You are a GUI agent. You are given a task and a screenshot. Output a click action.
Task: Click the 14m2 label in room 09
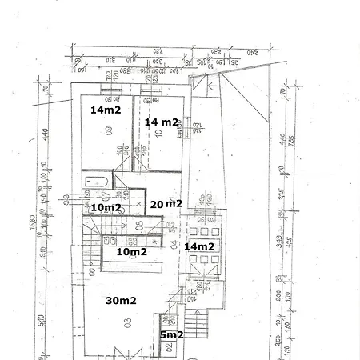click(x=106, y=110)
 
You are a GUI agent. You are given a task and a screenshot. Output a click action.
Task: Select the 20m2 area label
click(x=167, y=204)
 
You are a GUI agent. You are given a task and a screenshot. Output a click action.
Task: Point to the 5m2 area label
click(x=171, y=334)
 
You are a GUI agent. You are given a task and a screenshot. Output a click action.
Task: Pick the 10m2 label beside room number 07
click(x=106, y=208)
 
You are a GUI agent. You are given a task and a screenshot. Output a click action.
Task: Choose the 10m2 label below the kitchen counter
click(x=132, y=251)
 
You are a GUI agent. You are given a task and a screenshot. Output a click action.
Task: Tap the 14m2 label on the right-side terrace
click(x=198, y=246)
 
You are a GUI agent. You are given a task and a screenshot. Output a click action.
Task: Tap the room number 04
click(x=172, y=244)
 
